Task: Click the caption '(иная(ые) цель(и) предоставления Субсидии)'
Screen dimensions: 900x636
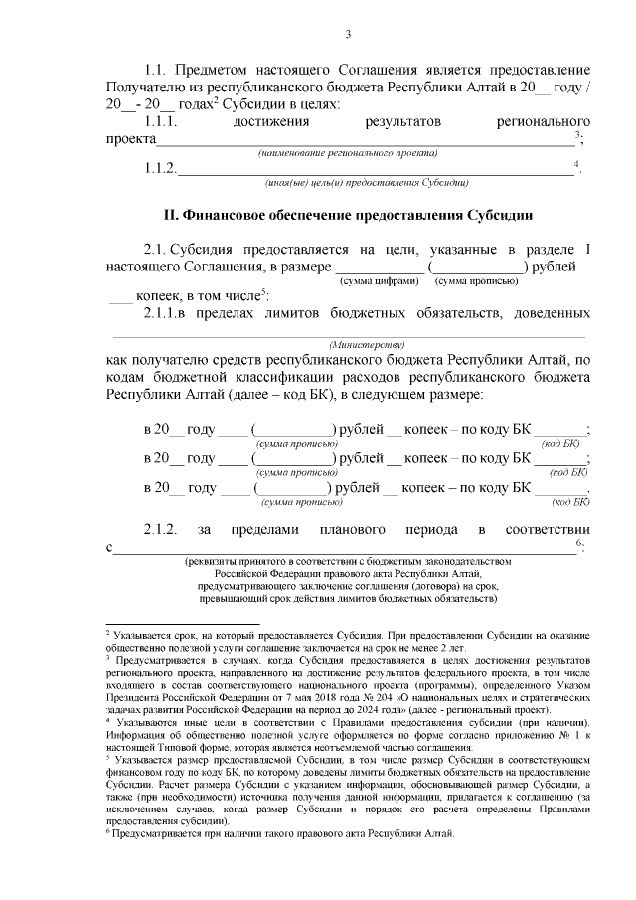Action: point(367,183)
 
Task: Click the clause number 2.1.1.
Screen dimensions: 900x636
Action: point(160,314)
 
